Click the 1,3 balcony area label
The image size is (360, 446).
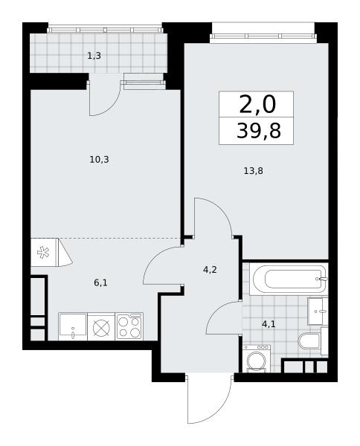94,56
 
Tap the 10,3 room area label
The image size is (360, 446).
100,160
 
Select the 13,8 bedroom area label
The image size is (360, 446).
254,171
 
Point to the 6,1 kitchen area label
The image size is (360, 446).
100,282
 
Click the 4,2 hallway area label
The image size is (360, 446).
210,269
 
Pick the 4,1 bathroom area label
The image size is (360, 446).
269,323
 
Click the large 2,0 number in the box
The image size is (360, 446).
257,104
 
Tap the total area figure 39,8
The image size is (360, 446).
259,131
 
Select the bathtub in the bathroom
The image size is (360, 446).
289,279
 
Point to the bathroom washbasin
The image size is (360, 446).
318,311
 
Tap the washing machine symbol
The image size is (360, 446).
257,359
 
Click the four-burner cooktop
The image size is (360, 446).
129,326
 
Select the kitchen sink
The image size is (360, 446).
73,326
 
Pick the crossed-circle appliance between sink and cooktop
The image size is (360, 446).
101,326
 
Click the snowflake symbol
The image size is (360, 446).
43,252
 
